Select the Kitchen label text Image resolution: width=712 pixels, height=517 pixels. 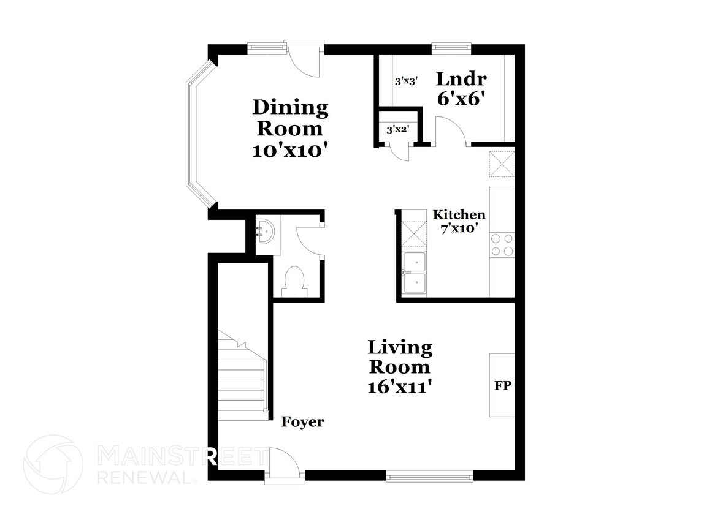[459, 214]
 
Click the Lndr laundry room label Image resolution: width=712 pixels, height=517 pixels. [461, 79]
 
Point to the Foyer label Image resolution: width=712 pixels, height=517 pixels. [302, 422]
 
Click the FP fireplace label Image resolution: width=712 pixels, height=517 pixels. [503, 385]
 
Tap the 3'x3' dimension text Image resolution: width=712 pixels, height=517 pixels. [406, 81]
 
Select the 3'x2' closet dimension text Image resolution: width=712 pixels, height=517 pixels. [398, 130]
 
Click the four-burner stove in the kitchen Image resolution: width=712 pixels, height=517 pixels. [502, 245]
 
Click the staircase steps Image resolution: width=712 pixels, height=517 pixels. [242, 376]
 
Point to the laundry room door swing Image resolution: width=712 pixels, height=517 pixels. [451, 130]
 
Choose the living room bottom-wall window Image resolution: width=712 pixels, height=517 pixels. [429, 476]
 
